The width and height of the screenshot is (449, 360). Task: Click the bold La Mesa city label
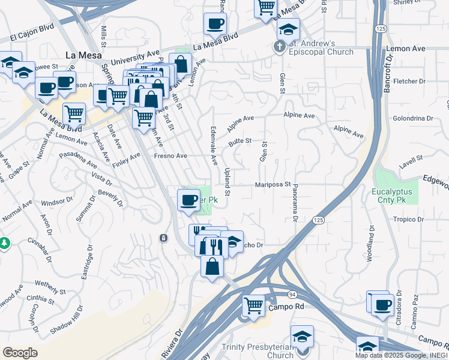coord(79,55)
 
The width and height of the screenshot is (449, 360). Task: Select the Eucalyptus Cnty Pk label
coord(393,196)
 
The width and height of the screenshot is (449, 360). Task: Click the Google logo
coord(20,353)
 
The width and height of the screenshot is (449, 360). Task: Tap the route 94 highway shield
coord(291,295)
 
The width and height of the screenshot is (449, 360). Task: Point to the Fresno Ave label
coord(170,156)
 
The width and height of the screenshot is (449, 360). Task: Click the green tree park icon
coord(5,243)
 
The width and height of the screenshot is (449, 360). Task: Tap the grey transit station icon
coord(163,238)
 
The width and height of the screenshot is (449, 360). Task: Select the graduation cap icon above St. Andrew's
coord(288,29)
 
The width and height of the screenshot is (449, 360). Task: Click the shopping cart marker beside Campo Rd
coord(253,305)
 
